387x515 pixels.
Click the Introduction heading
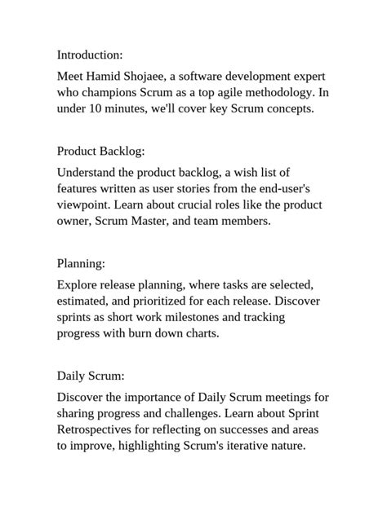(x=90, y=55)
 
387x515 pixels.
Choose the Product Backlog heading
(x=100, y=151)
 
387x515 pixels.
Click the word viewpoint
(x=84, y=205)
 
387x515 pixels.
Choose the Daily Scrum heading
(x=91, y=376)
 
